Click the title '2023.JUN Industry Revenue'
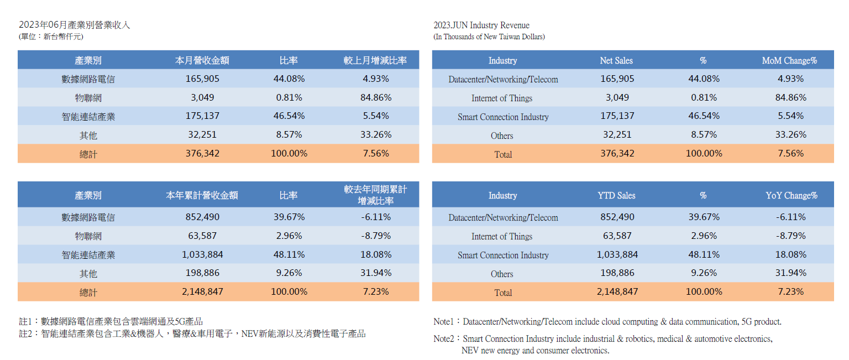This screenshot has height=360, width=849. pos(481,25)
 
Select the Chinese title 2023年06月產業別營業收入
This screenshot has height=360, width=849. pos(74,25)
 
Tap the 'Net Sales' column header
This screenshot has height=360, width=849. pos(616,60)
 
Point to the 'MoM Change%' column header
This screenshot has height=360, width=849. pos(789,60)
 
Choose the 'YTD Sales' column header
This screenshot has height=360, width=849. pos(616,195)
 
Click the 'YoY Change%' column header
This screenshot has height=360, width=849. pos(791,195)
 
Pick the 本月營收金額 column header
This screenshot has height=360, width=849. pos(202,60)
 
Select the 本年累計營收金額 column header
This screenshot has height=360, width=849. pos(202,195)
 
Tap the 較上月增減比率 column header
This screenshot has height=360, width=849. pos(375,60)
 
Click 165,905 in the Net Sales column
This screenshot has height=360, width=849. pos(617,79)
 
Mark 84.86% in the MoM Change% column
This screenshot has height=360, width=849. pos(791,98)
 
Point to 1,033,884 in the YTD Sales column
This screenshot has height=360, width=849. pos(617,255)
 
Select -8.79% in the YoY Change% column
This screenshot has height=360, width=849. pos(791,236)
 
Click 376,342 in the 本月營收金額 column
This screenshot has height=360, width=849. pos(202,153)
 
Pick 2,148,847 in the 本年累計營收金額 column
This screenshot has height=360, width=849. pos(202,291)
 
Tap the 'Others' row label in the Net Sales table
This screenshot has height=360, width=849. pos(502,135)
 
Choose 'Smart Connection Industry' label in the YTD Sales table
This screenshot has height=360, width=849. pos(503,255)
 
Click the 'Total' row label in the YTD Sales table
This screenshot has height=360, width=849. pos(503,293)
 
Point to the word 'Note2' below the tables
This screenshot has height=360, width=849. pos(444,338)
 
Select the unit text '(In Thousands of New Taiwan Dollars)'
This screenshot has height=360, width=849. pos(489,37)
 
